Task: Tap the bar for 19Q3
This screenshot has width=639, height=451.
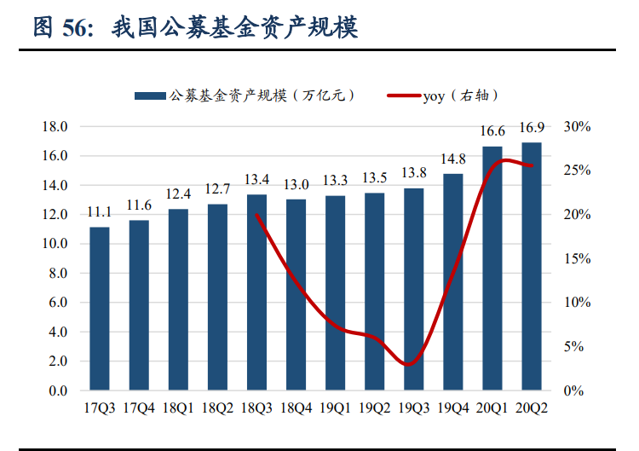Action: (x=414, y=289)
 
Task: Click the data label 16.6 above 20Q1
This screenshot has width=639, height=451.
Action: (x=492, y=131)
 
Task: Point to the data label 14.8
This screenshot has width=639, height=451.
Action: (x=453, y=159)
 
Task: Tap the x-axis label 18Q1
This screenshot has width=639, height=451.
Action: (x=178, y=408)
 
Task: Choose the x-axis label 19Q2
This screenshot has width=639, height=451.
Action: (x=375, y=408)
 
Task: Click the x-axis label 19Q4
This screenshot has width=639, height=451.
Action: (x=453, y=408)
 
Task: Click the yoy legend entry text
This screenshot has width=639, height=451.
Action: (x=460, y=95)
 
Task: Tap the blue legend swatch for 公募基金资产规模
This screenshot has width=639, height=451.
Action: (x=150, y=96)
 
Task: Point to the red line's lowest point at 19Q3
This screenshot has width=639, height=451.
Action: (x=412, y=364)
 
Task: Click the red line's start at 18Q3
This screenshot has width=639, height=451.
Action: (x=256, y=215)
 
